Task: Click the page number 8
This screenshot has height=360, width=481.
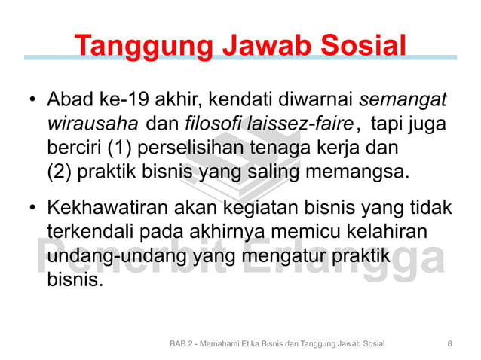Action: pos(449,343)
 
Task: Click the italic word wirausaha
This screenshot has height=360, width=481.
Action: pos(93,123)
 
